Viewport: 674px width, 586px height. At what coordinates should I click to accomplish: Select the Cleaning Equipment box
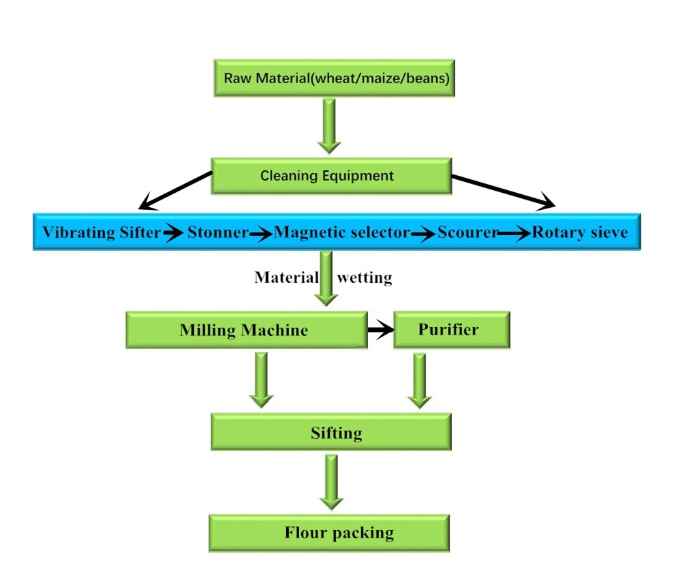(331, 176)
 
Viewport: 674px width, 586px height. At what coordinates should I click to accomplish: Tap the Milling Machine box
(244, 330)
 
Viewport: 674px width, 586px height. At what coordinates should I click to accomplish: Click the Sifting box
(331, 432)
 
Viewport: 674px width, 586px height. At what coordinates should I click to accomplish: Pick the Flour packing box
(329, 532)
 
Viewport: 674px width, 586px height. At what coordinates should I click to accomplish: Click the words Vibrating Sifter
(102, 233)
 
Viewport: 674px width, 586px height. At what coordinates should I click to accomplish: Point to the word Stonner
(217, 233)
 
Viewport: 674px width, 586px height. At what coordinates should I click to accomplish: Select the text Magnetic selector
(341, 233)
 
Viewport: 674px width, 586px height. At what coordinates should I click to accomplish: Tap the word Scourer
(468, 233)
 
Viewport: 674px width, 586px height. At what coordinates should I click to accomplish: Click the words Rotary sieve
(580, 233)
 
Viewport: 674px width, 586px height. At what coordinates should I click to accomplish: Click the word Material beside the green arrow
(286, 277)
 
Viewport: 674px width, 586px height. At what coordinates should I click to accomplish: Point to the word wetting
(365, 277)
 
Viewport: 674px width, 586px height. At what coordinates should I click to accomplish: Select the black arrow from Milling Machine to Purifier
(380, 330)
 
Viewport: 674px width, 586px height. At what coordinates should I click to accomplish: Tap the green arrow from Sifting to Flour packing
(331, 482)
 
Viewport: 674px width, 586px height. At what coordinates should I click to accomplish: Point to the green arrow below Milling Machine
(260, 380)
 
